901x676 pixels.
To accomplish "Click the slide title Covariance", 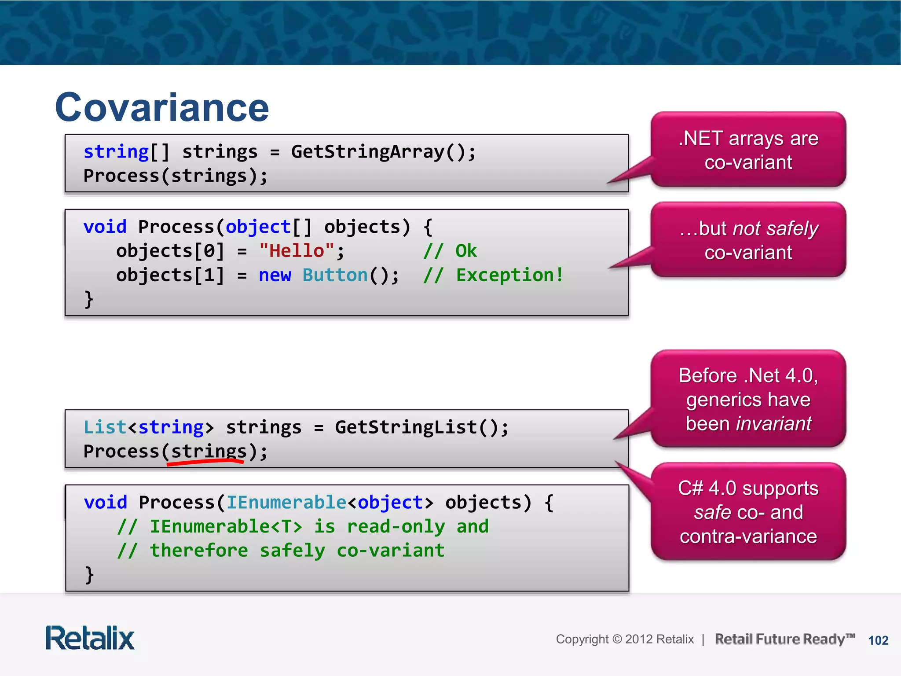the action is tap(162, 108).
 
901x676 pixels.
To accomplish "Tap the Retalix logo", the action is tap(90, 638).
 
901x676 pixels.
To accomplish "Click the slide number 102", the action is tap(878, 640).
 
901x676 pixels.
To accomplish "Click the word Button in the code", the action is tap(335, 275).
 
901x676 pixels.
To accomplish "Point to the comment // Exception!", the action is tap(493, 275).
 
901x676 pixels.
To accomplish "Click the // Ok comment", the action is tap(450, 251).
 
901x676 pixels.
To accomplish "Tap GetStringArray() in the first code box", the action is tap(383, 152).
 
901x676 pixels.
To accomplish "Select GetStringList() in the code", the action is tap(421, 427).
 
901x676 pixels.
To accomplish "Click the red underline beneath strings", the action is tap(205, 462).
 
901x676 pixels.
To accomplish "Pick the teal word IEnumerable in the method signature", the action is tap(286, 502).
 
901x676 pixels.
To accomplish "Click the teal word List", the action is tap(105, 427).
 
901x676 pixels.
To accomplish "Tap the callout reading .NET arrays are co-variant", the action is tap(748, 150).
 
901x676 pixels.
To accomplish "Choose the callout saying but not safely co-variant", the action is tap(748, 240).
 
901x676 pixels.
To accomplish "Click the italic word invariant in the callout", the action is tap(773, 423).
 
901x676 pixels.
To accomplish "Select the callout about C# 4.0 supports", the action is tap(748, 512).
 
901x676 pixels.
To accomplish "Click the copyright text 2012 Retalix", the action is tap(659, 639).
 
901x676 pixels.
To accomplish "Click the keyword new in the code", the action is tap(275, 275).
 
